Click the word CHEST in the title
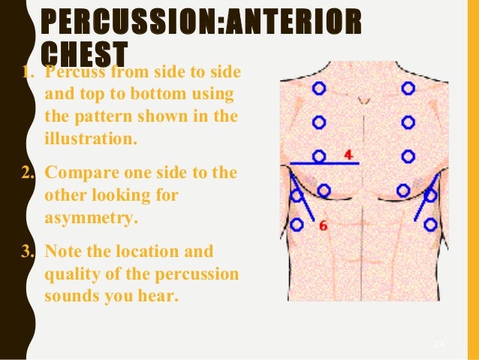click(83, 52)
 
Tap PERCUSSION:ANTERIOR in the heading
click(200, 22)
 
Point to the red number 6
click(323, 224)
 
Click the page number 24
click(440, 343)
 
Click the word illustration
click(86, 139)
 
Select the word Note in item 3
click(64, 252)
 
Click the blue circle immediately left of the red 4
click(319, 156)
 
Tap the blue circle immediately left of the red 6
click(297, 224)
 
